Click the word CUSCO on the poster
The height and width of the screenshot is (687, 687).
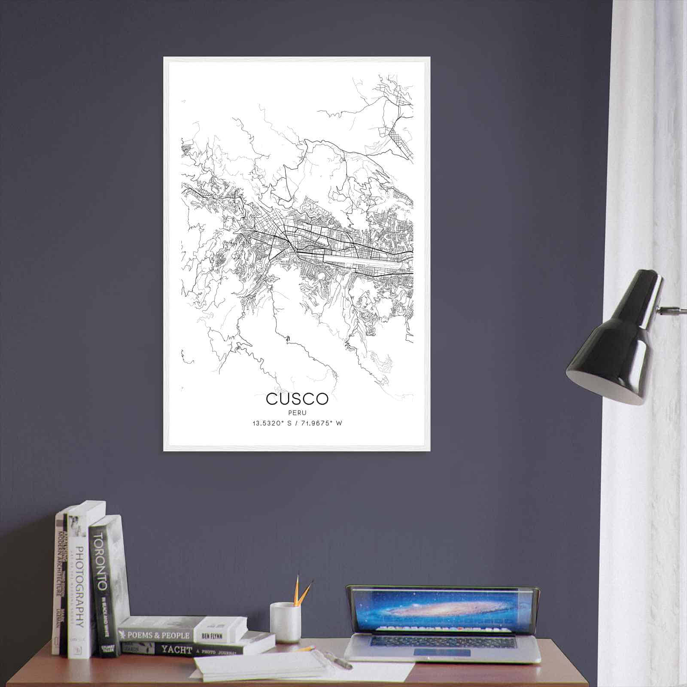pyautogui.click(x=297, y=398)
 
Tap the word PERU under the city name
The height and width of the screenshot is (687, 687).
pyautogui.click(x=297, y=412)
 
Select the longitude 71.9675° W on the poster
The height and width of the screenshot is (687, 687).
pyautogui.click(x=322, y=423)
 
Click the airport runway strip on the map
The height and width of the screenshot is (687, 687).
pyautogui.click(x=365, y=261)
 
